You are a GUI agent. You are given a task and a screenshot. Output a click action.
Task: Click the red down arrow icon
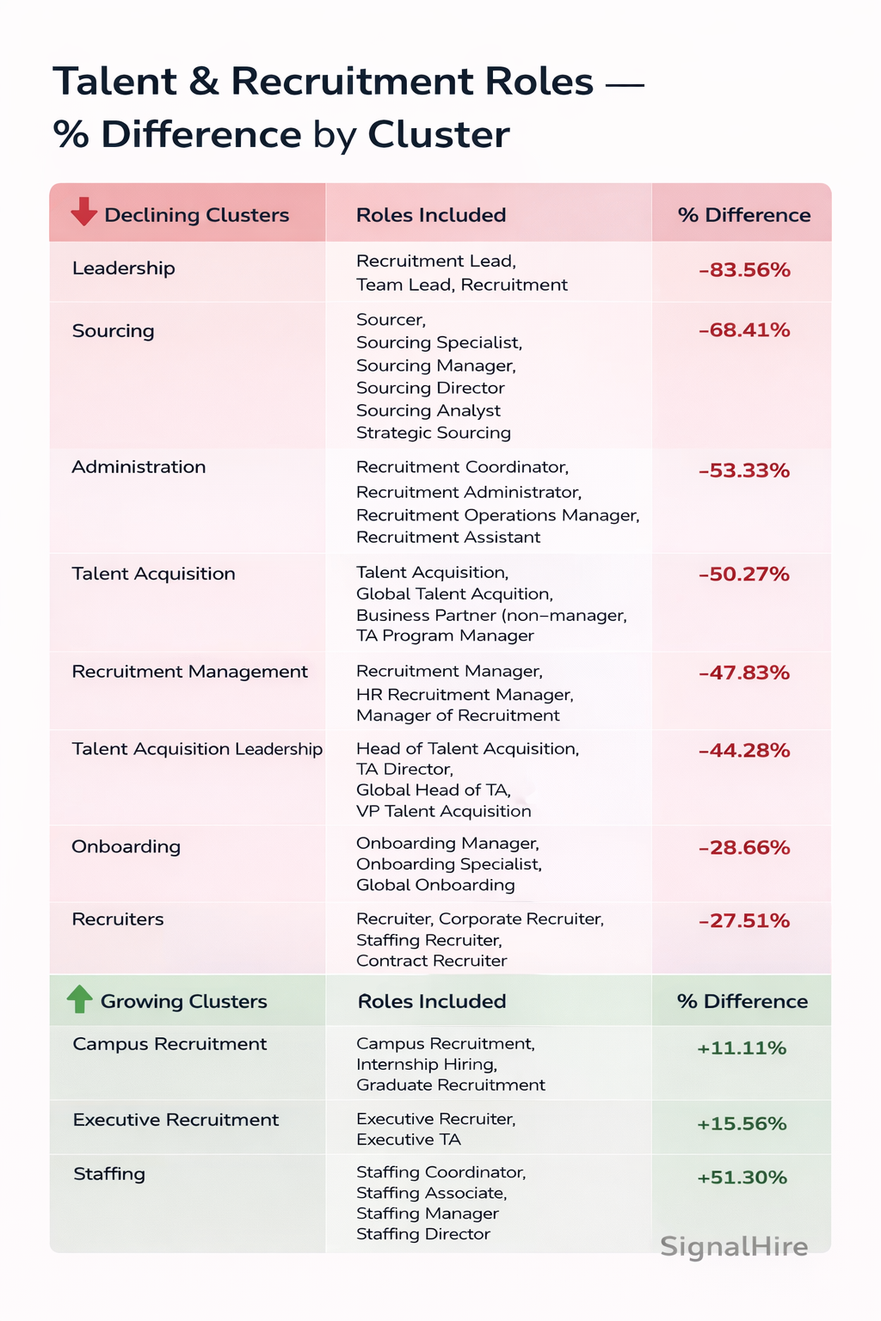[x=83, y=212]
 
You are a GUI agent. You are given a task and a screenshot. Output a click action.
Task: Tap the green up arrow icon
[x=79, y=998]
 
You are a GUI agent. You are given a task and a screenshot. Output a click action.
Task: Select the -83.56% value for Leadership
[x=743, y=270]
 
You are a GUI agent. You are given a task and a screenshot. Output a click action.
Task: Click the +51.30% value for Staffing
[x=742, y=1177]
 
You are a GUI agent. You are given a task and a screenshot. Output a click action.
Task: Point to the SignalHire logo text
[x=734, y=1246]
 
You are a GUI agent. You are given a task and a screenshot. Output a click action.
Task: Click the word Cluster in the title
[x=439, y=135]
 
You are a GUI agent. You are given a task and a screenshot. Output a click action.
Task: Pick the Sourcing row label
[x=113, y=331]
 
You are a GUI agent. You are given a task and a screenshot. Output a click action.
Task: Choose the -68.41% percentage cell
[x=743, y=330]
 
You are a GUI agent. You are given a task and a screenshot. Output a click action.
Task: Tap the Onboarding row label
[x=126, y=846]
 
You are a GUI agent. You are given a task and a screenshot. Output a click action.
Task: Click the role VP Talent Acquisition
[x=443, y=811]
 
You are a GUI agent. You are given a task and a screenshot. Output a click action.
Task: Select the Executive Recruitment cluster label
[x=176, y=1120]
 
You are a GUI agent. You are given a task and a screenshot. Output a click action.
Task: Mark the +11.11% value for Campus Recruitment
[x=742, y=1048]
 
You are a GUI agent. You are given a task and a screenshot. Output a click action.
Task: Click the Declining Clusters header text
[x=196, y=215]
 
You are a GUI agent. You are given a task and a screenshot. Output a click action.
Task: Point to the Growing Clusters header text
[x=183, y=1001]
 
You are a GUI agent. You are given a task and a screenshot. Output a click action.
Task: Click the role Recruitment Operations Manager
[x=497, y=515]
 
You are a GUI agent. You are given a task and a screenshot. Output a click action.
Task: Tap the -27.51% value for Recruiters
[x=743, y=921]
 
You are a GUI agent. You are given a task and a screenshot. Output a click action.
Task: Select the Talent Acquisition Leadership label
[x=197, y=749]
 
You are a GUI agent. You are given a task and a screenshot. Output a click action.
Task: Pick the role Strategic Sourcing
[x=434, y=433]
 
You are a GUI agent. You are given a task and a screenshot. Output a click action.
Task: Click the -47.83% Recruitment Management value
[x=743, y=673]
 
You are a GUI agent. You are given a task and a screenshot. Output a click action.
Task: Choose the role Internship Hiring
[x=427, y=1064]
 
